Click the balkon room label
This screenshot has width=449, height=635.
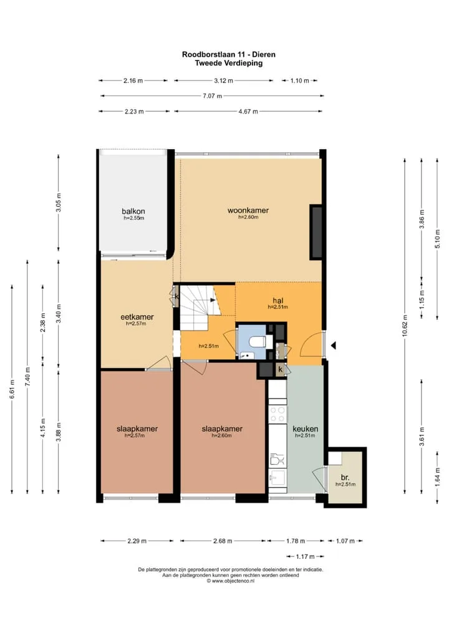(x=133, y=211)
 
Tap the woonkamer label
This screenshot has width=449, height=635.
(x=248, y=210)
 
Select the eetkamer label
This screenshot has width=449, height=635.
(x=137, y=317)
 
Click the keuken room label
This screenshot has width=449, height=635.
(x=306, y=429)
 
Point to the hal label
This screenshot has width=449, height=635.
(x=278, y=301)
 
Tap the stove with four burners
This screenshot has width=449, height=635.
(x=278, y=414)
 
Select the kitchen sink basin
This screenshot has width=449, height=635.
(x=278, y=478)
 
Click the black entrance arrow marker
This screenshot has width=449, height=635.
(x=334, y=346)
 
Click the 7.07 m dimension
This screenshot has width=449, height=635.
(x=212, y=96)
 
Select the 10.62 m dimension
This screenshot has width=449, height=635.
(x=405, y=326)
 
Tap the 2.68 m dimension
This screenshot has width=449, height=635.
(x=223, y=541)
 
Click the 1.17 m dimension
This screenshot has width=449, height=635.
(x=305, y=556)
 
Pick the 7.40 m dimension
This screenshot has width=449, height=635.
(x=27, y=377)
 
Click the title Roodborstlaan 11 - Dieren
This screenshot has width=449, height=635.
(x=229, y=54)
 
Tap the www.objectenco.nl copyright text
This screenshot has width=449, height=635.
(x=231, y=581)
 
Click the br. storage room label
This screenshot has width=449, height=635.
(x=345, y=477)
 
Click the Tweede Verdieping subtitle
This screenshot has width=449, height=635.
(x=229, y=63)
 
